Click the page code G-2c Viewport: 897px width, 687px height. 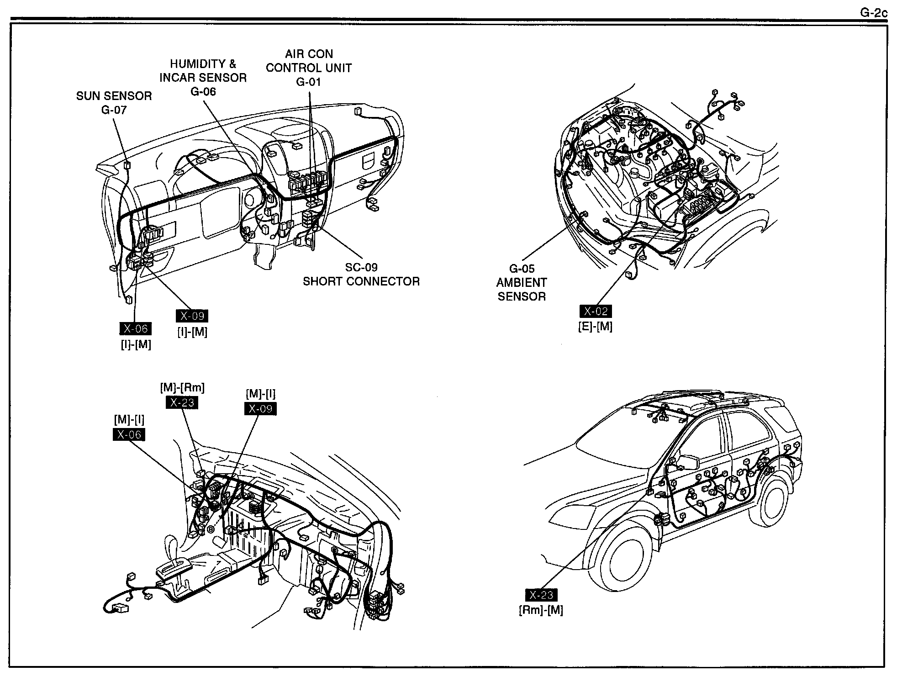[874, 13]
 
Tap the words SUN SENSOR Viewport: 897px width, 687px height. [114, 96]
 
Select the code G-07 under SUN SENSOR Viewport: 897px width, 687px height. [114, 110]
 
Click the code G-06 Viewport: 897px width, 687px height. [203, 92]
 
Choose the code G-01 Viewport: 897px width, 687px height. [308, 82]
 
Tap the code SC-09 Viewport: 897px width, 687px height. [361, 267]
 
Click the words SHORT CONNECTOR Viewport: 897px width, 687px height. [361, 281]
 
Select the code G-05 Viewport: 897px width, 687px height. [522, 269]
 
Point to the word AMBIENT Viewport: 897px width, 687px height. [522, 283]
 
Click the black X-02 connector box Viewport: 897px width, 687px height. [596, 312]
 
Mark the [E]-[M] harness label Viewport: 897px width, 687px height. [595, 326]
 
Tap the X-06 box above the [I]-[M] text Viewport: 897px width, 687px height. [135, 328]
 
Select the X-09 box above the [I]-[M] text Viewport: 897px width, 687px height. [192, 316]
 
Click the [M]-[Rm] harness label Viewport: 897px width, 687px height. [182, 388]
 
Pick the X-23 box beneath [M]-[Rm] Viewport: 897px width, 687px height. [182, 402]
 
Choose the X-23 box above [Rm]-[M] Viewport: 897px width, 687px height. [541, 595]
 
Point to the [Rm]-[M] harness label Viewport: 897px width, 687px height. [541, 610]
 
